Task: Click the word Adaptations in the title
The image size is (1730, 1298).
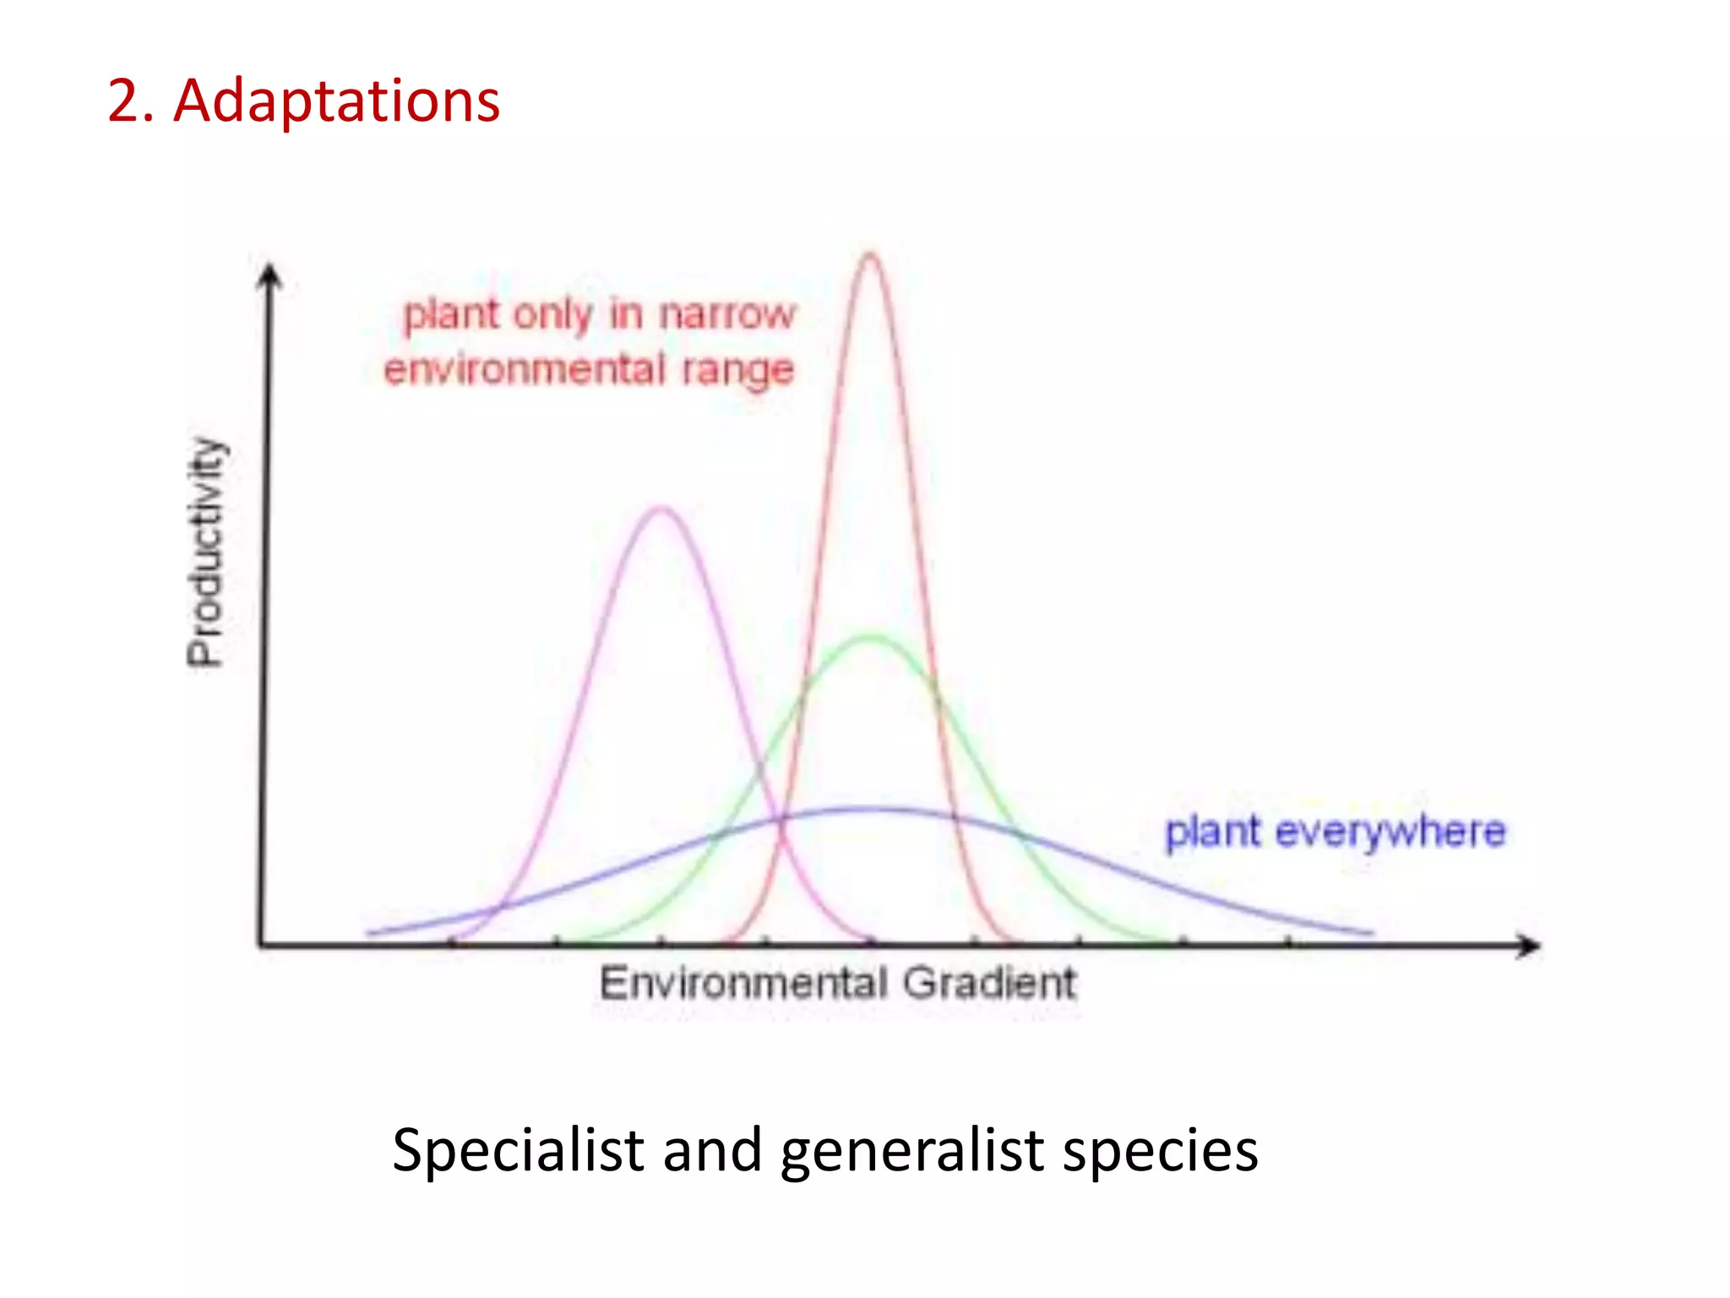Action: click(x=336, y=101)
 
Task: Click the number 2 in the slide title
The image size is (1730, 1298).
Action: click(x=124, y=101)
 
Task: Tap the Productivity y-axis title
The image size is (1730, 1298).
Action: click(x=207, y=551)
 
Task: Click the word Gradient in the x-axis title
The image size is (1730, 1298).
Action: click(x=989, y=984)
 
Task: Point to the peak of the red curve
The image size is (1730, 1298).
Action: click(x=870, y=254)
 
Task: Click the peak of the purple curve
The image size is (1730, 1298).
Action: click(x=661, y=509)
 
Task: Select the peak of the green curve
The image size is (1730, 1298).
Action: click(x=871, y=636)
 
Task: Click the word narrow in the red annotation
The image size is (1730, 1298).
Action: click(x=727, y=314)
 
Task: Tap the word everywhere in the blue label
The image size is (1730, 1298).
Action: click(x=1390, y=832)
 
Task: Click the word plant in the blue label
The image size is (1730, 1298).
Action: click(x=1212, y=832)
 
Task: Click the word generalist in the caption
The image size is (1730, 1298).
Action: click(x=912, y=1151)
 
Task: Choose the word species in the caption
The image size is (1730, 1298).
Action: click(x=1160, y=1151)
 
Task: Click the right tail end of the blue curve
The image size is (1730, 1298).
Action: click(x=1370, y=933)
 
